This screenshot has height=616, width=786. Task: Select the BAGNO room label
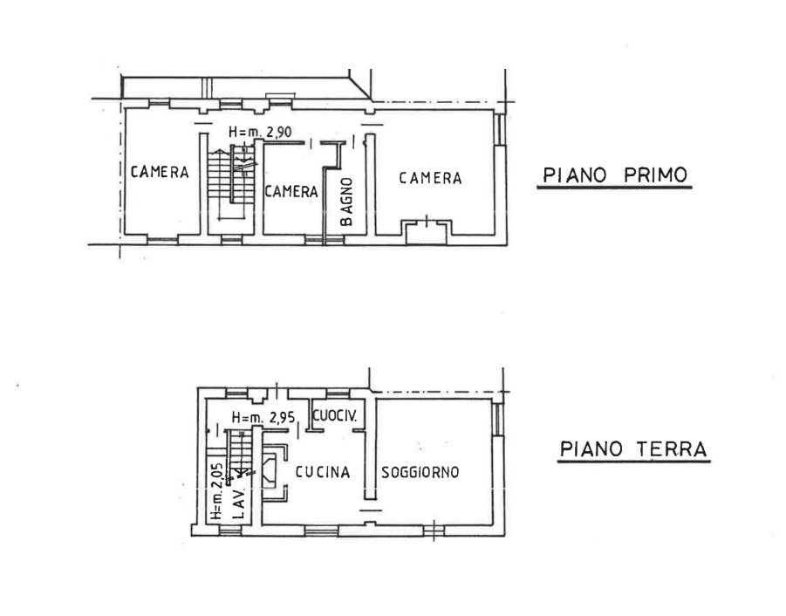[346, 202]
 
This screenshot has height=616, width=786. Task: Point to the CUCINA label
[322, 472]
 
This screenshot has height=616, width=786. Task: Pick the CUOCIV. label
[334, 416]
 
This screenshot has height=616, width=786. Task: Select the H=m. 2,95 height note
[262, 417]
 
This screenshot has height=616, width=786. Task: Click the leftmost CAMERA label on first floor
[160, 172]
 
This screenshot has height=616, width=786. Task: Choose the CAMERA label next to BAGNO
[291, 191]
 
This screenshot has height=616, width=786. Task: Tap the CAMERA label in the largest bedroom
[430, 178]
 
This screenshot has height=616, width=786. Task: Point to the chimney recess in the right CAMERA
[425, 229]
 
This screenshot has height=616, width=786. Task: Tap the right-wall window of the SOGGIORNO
[498, 421]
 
